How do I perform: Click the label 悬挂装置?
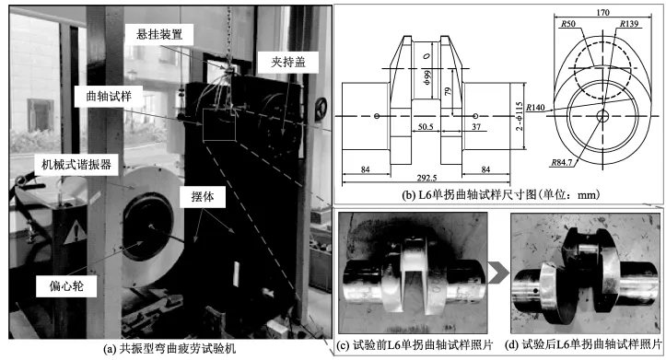[159, 34]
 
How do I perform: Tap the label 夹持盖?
[288, 63]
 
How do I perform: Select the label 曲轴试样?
[109, 97]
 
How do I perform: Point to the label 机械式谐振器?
[76, 164]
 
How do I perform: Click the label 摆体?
[203, 196]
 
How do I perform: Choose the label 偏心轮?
[66, 285]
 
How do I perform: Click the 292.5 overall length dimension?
[426, 178]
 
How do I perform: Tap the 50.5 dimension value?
[426, 127]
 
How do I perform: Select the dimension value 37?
[476, 126]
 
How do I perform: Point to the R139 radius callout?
[628, 24]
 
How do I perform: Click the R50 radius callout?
[568, 24]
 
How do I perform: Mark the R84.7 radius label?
[562, 162]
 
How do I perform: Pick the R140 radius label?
[535, 108]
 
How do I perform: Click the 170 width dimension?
[602, 13]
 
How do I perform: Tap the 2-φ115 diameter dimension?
[519, 116]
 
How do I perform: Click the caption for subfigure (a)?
[169, 349]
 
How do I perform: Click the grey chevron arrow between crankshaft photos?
[498, 273]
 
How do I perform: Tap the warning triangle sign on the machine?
[76, 232]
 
